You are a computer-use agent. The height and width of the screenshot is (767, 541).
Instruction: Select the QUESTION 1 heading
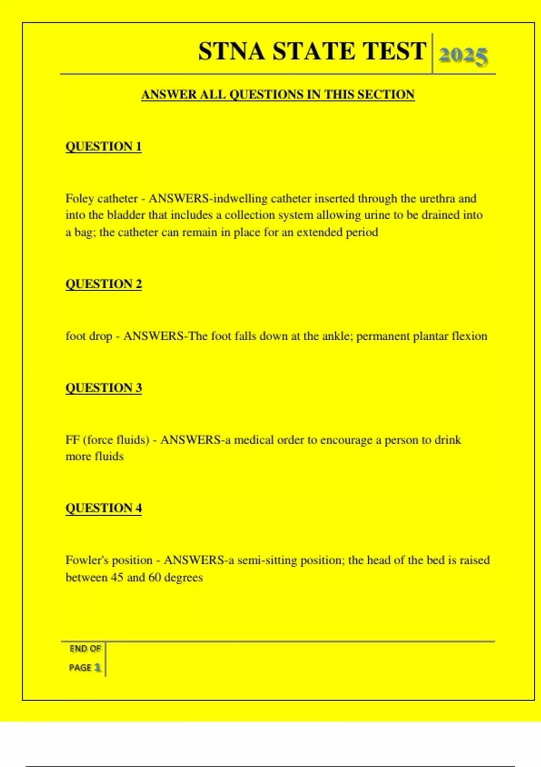click(104, 147)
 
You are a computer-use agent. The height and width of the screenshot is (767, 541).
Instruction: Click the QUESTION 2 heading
click(104, 284)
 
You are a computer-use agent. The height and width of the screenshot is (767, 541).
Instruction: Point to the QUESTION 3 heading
click(104, 388)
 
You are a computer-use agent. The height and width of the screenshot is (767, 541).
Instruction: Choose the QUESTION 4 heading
click(104, 508)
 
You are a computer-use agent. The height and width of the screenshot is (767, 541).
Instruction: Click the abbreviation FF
click(73, 440)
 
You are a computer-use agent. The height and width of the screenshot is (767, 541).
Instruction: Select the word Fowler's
click(87, 560)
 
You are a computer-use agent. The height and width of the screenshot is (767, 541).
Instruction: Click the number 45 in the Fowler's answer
click(117, 578)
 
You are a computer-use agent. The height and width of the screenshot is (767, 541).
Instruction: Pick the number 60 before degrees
click(155, 578)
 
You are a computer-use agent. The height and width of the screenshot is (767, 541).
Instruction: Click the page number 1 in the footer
click(97, 667)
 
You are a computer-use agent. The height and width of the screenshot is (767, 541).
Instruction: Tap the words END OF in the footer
click(85, 649)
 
